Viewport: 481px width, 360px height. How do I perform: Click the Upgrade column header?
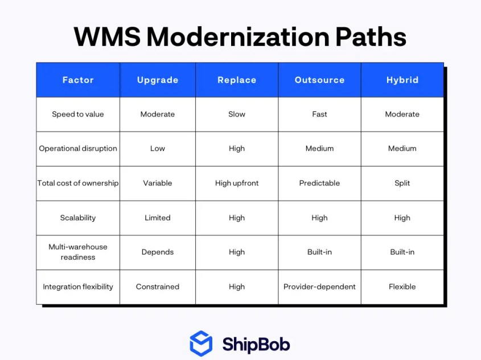[158, 80]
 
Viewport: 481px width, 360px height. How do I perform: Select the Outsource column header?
[320, 80]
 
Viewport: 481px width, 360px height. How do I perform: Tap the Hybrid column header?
[402, 80]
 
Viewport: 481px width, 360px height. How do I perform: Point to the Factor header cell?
[78, 80]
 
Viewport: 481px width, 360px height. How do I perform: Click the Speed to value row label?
[78, 114]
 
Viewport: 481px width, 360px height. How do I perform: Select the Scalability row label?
[78, 218]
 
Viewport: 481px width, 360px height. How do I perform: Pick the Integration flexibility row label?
[78, 287]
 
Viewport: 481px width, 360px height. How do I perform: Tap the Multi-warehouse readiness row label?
[78, 252]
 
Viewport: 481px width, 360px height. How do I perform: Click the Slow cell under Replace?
[237, 114]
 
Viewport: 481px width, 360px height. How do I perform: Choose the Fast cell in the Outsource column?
[320, 114]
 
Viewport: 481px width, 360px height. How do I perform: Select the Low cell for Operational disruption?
[158, 148]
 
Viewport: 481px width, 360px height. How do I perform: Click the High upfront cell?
[237, 183]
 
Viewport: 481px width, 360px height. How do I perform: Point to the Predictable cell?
[320, 183]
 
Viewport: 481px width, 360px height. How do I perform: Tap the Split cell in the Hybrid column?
[402, 183]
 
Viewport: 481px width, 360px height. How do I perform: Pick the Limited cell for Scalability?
[158, 218]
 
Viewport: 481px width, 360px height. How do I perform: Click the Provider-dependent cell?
[320, 287]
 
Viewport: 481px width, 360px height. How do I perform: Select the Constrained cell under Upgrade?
[158, 287]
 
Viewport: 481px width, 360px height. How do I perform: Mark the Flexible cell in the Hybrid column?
[402, 287]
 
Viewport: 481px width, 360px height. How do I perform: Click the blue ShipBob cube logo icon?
[201, 344]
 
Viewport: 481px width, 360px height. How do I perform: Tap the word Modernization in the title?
[239, 37]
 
